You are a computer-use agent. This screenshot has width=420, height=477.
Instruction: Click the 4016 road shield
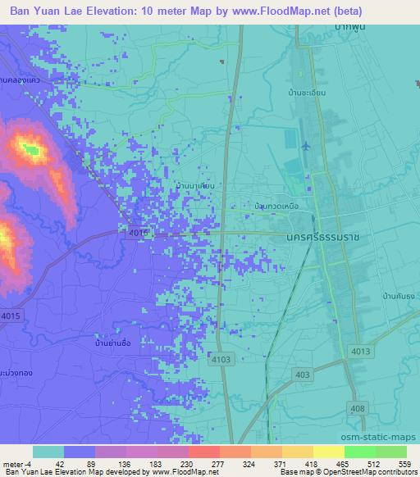point(139,234)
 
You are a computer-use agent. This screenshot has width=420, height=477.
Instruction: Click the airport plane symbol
point(306,147)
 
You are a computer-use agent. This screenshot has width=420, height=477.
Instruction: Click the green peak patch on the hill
point(32,149)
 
